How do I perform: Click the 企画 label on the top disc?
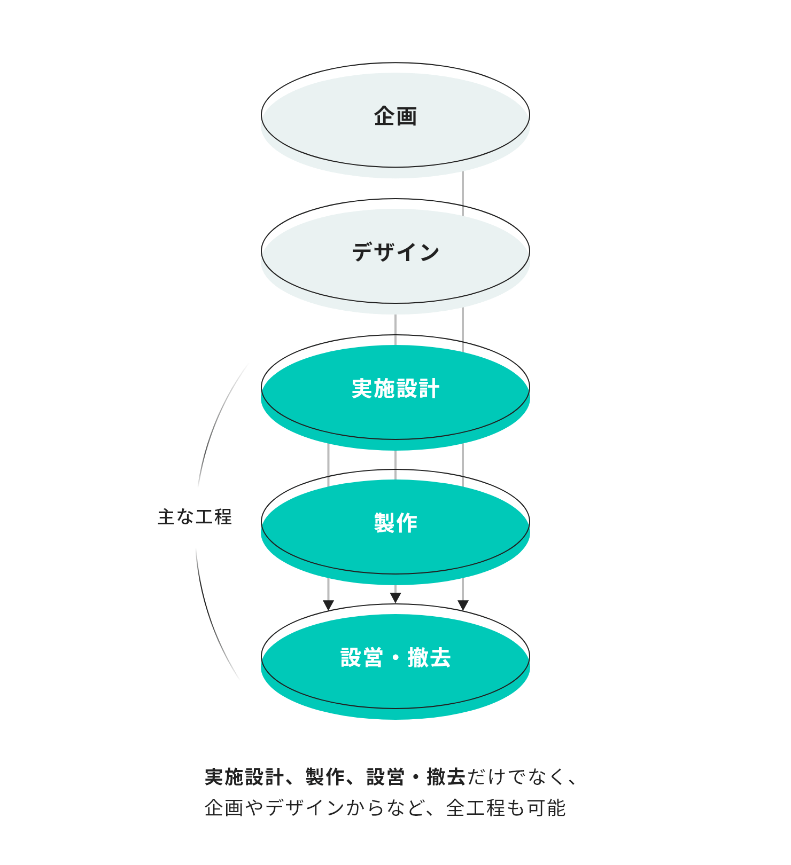coord(395,116)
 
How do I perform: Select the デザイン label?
coord(395,252)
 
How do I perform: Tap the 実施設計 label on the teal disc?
coord(395,388)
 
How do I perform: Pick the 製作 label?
coord(395,523)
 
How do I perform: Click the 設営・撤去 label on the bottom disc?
coord(395,657)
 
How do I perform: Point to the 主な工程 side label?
coord(195,517)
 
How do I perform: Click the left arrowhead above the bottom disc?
coord(329,605)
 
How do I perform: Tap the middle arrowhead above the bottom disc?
coord(395,597)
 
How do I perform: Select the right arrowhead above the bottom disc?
coord(463,605)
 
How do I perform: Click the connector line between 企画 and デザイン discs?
coord(463,192)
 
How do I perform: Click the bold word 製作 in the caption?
coord(325,777)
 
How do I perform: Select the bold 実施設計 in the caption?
coord(244,777)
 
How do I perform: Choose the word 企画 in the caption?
coord(224,808)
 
